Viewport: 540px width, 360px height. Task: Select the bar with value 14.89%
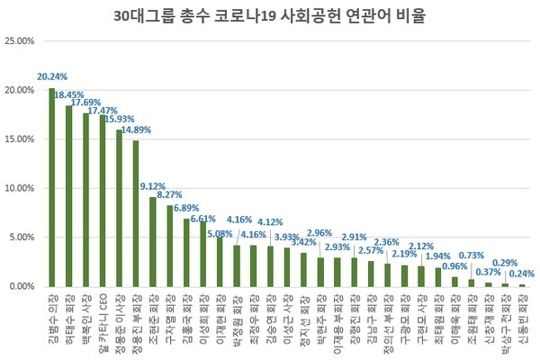[136, 213]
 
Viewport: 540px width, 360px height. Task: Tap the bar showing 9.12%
[153, 241]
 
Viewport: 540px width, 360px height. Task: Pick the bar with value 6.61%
[202, 254]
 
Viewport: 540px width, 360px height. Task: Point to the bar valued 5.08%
[220, 261]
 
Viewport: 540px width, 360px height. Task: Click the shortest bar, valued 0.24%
[522, 285]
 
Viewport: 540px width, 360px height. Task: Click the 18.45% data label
[69, 94]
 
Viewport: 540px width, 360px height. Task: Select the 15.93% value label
[120, 119]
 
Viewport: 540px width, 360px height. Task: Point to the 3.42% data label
[306, 242]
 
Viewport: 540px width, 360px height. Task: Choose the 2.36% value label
[387, 242]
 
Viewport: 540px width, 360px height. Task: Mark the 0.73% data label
[472, 256]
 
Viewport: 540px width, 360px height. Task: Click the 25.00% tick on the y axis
[20, 41]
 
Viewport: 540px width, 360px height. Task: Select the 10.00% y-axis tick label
[20, 188]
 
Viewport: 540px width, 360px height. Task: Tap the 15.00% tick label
[20, 139]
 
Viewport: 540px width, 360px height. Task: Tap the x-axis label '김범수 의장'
[52, 315]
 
